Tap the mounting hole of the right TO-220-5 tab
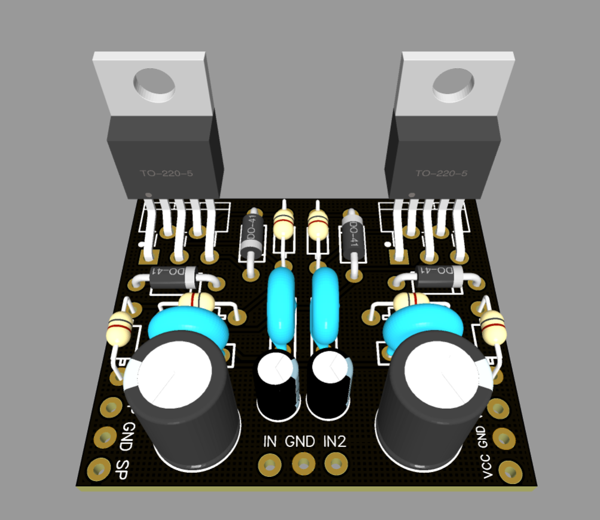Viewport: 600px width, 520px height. pyautogui.click(x=453, y=85)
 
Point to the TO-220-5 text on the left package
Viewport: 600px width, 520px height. pyautogui.click(x=167, y=174)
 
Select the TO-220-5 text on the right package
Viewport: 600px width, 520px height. pyautogui.click(x=442, y=174)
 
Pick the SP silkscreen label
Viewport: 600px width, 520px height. pyautogui.click(x=123, y=467)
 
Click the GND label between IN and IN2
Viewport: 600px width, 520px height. pyautogui.click(x=300, y=442)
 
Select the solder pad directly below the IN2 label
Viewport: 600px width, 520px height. pyautogui.click(x=336, y=463)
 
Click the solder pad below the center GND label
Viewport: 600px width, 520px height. pyautogui.click(x=304, y=463)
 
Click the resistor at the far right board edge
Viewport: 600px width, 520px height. pyautogui.click(x=493, y=327)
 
